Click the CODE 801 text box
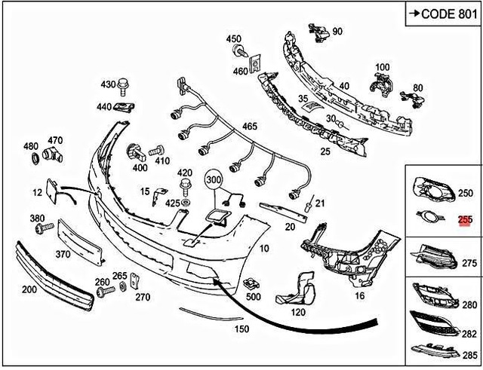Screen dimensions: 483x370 [x=443, y=14]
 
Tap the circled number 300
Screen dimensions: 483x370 [x=214, y=179]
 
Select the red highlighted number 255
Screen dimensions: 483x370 [x=465, y=220]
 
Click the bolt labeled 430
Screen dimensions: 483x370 [x=124, y=87]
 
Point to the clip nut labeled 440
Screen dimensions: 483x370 [x=125, y=107]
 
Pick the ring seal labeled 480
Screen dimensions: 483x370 [x=35, y=158]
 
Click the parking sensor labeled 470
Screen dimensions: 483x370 [x=53, y=154]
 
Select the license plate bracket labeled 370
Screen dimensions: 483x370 [x=81, y=242]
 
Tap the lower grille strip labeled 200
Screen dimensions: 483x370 [x=54, y=276]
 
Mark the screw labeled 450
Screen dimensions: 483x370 [x=241, y=50]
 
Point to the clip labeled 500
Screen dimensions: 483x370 [x=251, y=284]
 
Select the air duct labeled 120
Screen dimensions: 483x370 [x=297, y=289]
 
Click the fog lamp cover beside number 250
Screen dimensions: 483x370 [x=433, y=190]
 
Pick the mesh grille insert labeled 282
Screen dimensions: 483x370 [x=433, y=323]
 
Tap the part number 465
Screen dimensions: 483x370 [x=249, y=126]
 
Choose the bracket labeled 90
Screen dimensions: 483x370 [x=318, y=32]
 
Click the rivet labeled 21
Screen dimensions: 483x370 [x=309, y=204]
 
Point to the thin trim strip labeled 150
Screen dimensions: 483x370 [x=211, y=313]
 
